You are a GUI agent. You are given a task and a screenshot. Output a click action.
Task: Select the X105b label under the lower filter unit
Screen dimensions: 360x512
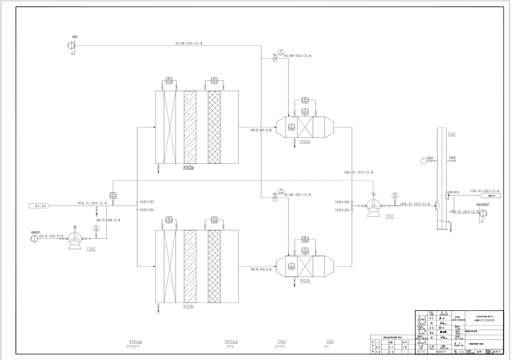pos(190,306)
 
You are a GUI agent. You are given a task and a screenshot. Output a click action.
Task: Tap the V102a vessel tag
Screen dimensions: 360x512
pos(304,142)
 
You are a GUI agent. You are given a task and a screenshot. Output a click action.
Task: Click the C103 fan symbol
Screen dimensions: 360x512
pos(76,239)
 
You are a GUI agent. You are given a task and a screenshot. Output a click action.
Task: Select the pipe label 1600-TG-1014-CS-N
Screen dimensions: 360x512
pos(415,204)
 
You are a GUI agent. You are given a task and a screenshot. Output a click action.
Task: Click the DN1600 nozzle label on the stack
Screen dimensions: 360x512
pos(454,192)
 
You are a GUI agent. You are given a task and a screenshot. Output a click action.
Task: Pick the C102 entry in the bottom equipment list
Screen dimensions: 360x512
pos(281,341)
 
